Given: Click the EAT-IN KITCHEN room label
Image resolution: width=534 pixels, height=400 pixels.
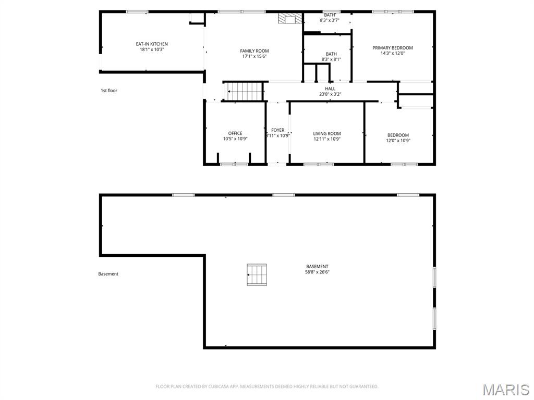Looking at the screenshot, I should pos(152,44).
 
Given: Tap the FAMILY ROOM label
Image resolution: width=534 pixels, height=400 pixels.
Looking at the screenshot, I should pos(254,51).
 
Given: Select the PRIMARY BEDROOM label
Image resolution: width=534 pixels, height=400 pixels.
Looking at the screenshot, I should pos(392,47).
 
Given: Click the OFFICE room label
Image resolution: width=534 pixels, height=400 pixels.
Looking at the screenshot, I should pos(235,133).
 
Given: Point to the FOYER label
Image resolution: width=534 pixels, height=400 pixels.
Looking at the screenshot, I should pos(278,130).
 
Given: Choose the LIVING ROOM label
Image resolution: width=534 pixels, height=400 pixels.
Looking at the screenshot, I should pos(327,133).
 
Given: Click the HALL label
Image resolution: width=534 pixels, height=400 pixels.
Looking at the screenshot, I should pos(330,89).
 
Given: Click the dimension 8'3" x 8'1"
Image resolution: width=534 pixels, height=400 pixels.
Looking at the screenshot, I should pos(331,59).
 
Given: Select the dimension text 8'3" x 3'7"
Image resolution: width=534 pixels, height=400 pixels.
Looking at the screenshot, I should pos(330,20).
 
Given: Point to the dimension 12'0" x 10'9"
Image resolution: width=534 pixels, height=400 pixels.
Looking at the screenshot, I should pos(398,140).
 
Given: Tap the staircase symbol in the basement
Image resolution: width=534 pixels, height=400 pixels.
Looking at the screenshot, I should pos(257,274).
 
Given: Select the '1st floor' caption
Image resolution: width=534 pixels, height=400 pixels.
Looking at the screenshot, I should pos(109,91).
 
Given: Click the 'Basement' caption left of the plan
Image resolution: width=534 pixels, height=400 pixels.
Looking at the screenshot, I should pos(108,274).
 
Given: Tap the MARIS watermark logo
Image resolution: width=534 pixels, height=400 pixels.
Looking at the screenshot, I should pos(505,389).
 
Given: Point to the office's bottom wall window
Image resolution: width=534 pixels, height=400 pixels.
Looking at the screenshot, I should pos(234,164).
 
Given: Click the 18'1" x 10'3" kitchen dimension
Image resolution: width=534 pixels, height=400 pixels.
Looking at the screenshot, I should pos(152,50).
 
